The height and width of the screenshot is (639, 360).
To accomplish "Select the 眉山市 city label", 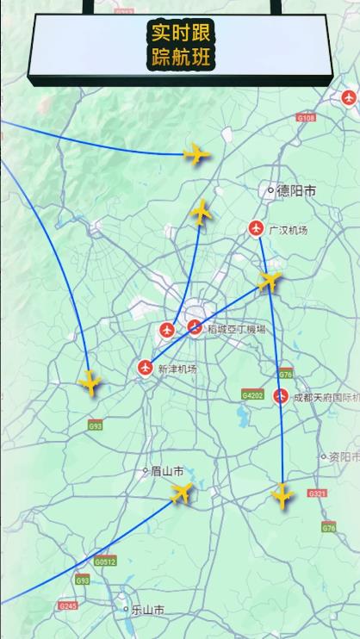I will click(166, 471).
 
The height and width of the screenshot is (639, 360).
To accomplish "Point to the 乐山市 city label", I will click(146, 610).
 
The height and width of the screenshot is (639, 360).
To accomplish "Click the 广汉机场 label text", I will click(287, 230).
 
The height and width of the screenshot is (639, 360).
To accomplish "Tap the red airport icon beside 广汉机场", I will click(256, 228).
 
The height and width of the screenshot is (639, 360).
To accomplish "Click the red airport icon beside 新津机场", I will click(145, 369).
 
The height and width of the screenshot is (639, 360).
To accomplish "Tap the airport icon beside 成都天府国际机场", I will click(280, 397).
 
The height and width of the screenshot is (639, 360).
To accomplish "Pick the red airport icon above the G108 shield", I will click(348, 98).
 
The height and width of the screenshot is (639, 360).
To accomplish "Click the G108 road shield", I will click(306, 117).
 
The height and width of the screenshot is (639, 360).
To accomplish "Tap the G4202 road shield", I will click(252, 395).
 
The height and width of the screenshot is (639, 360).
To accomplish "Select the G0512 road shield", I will click(104, 561).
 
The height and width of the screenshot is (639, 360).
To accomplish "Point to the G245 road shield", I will click(67, 606).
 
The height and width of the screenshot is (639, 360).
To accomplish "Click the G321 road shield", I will click(317, 493).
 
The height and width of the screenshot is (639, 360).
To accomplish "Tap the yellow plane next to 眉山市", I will click(182, 493).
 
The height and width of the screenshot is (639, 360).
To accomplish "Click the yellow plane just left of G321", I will click(282, 495).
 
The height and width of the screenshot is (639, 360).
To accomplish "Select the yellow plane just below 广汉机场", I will click(270, 280).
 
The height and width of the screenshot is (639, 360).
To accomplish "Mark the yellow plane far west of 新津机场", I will click(90, 382).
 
